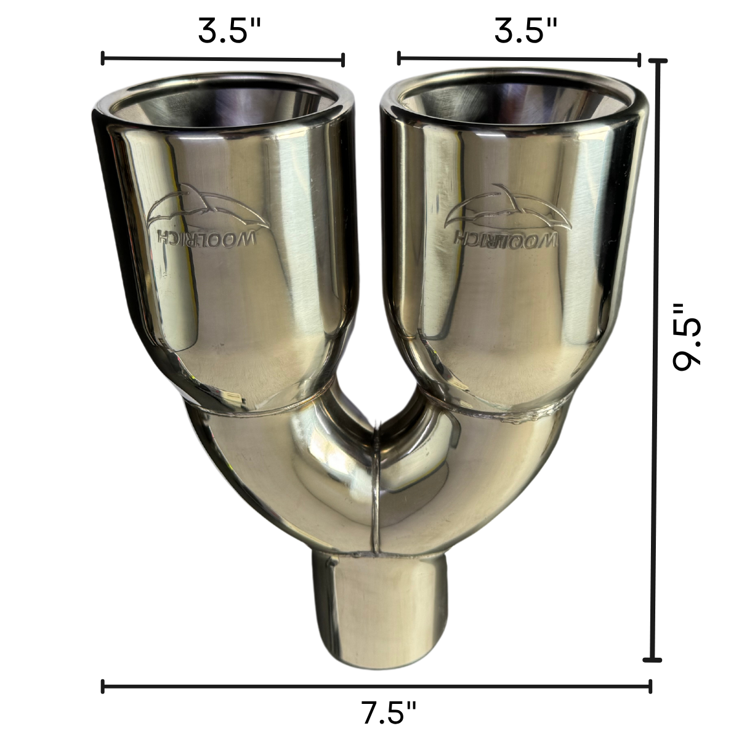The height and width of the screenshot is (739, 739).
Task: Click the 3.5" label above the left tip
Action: point(229,31)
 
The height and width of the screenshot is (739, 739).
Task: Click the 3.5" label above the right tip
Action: point(525,31)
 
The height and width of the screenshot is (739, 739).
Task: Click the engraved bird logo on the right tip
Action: point(507,209)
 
